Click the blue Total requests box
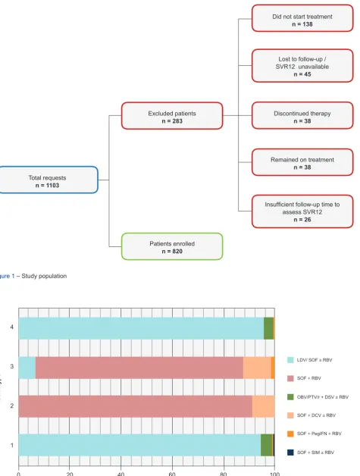click(49, 180)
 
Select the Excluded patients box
click(172, 116)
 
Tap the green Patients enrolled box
click(172, 246)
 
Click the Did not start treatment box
click(302, 18)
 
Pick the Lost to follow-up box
click(302, 66)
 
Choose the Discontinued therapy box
click(302, 116)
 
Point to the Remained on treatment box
click(302, 162)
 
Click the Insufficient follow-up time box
click(302, 211)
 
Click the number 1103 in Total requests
click(52, 186)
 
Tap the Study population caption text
click(44, 276)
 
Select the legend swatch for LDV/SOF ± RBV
click(290, 360)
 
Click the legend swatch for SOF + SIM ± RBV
click(290, 453)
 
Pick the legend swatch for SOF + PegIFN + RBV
click(290, 434)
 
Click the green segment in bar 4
click(268, 328)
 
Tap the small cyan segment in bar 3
click(27, 368)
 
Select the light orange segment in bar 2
click(264, 406)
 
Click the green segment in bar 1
click(266, 445)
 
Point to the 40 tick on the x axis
click(121, 474)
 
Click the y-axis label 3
click(12, 366)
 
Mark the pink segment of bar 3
click(139, 368)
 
